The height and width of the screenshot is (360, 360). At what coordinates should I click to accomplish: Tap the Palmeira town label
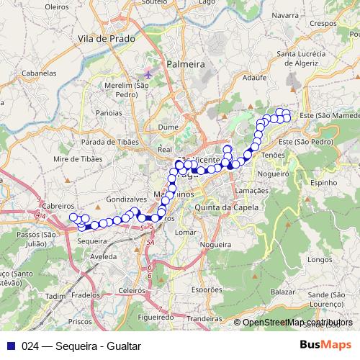click(x=186, y=64)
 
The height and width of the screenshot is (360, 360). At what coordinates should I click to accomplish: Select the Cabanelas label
click(x=39, y=73)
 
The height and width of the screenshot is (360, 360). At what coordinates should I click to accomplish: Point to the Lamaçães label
click(x=252, y=190)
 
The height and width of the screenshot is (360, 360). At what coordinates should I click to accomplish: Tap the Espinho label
click(x=324, y=184)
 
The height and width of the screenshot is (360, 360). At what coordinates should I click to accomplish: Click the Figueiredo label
click(x=156, y=315)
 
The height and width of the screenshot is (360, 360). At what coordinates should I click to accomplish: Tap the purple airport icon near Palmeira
click(x=149, y=73)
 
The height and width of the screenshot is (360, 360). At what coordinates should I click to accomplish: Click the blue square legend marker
click(x=10, y=346)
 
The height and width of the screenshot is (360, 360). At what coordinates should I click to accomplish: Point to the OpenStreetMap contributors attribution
click(x=297, y=323)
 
